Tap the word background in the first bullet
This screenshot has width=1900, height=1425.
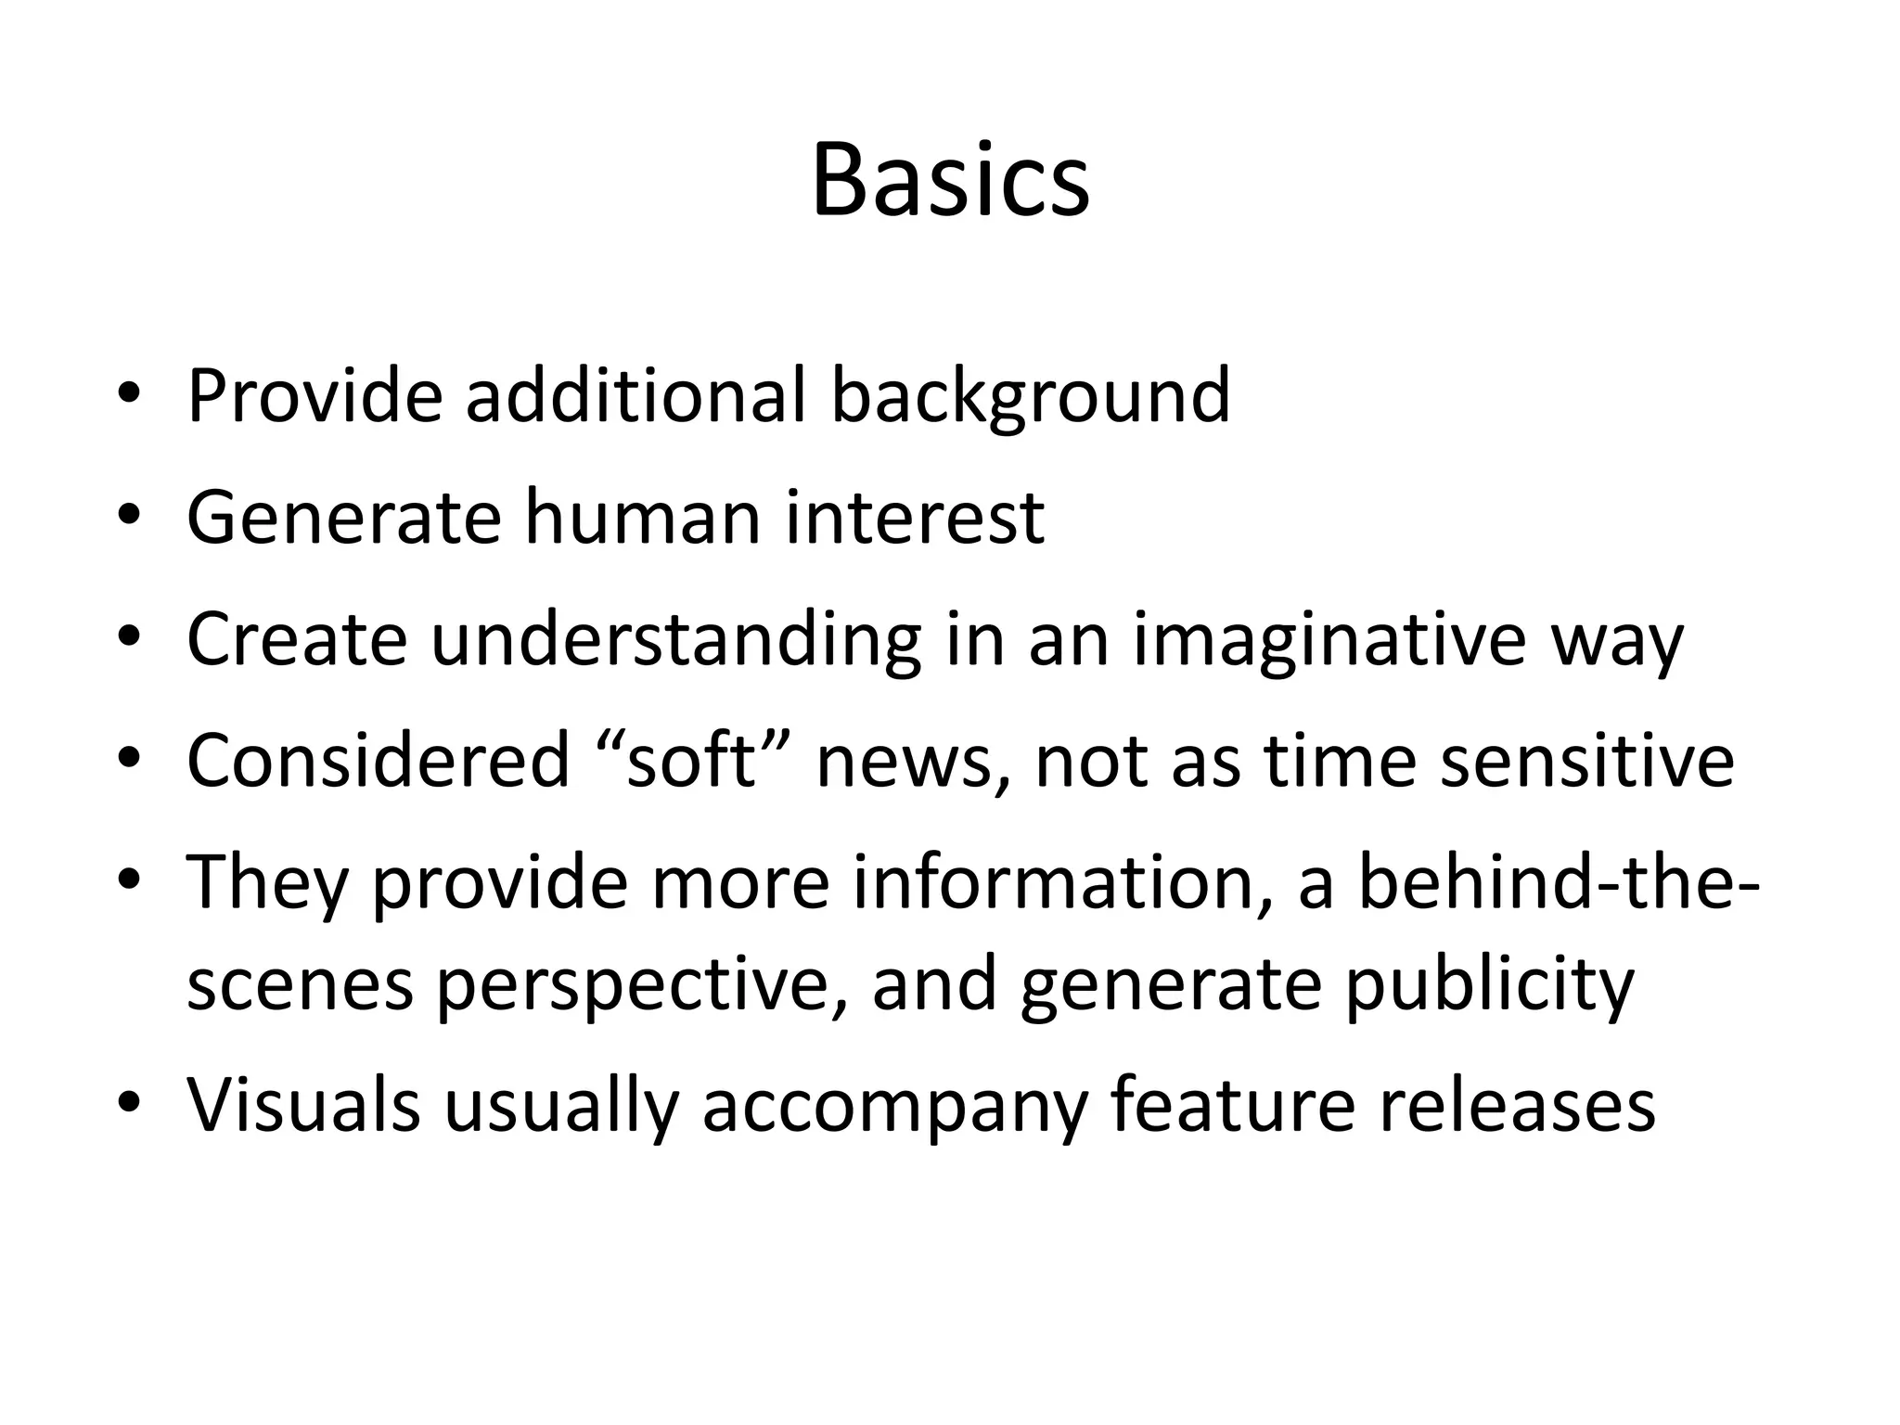1030,396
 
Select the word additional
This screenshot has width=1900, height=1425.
635,396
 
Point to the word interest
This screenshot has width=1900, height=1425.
915,517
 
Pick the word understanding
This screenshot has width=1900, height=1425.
676,640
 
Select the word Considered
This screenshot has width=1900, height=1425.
378,761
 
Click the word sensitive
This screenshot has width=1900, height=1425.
1586,761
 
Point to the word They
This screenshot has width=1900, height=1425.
267,882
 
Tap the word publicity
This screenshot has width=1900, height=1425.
1489,985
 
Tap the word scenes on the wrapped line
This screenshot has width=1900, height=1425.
300,985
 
